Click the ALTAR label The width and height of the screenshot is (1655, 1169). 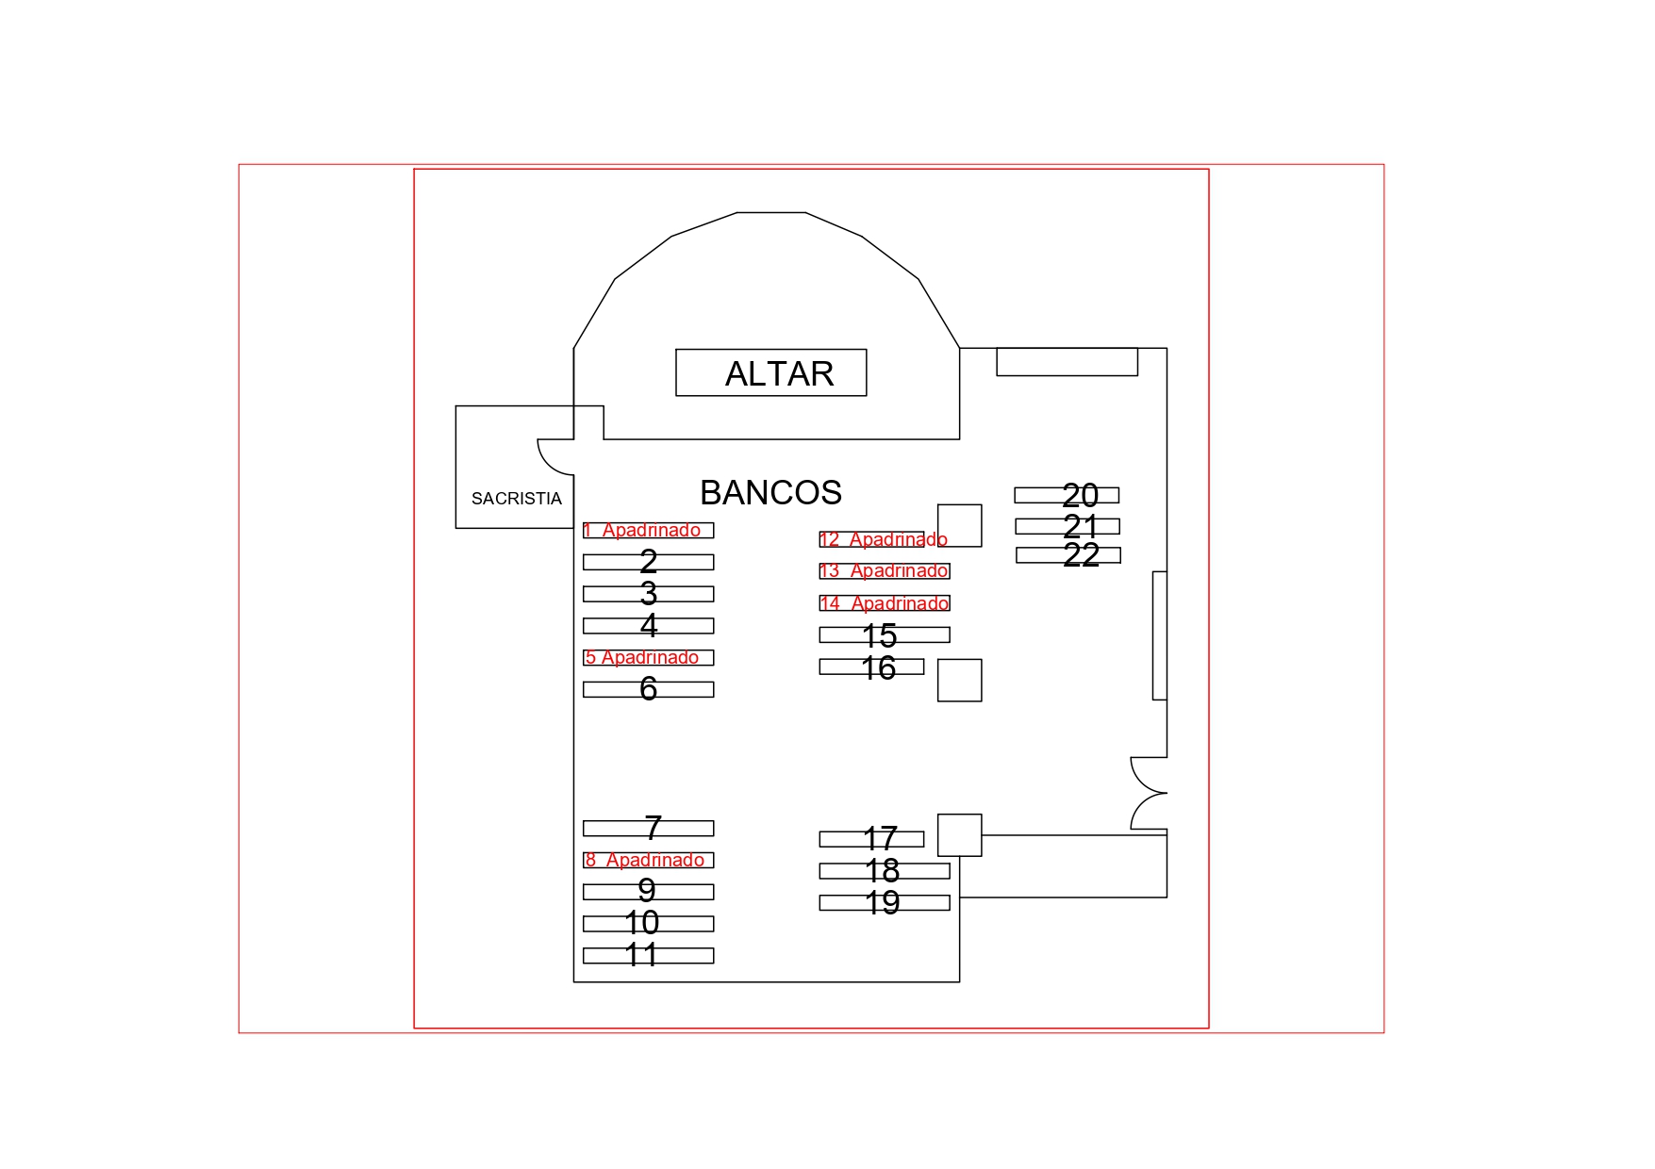pyautogui.click(x=778, y=374)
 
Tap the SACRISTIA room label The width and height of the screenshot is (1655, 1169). pyautogui.click(x=516, y=499)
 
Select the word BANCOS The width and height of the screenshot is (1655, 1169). pyautogui.click(x=770, y=493)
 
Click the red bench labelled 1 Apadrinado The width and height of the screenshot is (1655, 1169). pyautogui.click(x=648, y=531)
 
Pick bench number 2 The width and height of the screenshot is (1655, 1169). pyautogui.click(x=648, y=562)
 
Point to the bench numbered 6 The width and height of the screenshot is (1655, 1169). pyautogui.click(x=648, y=689)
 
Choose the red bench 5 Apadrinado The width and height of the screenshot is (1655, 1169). pyautogui.click(x=648, y=658)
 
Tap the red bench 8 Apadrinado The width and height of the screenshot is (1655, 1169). pyautogui.click(x=648, y=860)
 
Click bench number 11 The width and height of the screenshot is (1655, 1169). pyautogui.click(x=648, y=955)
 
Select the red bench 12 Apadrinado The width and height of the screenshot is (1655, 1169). pyautogui.click(x=872, y=539)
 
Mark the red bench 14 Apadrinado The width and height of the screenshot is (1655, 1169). pyautogui.click(x=884, y=603)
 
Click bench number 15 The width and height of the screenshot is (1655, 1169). pyautogui.click(x=884, y=635)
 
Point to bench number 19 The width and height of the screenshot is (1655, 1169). pyautogui.click(x=884, y=902)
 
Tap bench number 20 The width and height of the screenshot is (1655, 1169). pyautogui.click(x=1067, y=495)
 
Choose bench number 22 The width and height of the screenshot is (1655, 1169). pyautogui.click(x=1067, y=555)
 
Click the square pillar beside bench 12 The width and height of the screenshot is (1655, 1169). pyautogui.click(x=959, y=525)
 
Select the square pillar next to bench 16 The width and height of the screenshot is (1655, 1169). pyautogui.click(x=959, y=680)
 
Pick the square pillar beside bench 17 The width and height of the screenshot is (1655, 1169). pyautogui.click(x=959, y=834)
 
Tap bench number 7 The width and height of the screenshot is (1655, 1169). pyautogui.click(x=648, y=828)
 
